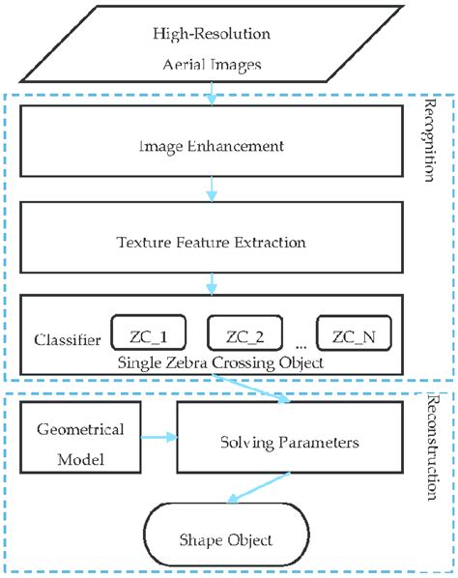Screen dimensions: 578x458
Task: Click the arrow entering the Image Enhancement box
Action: [209, 93]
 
